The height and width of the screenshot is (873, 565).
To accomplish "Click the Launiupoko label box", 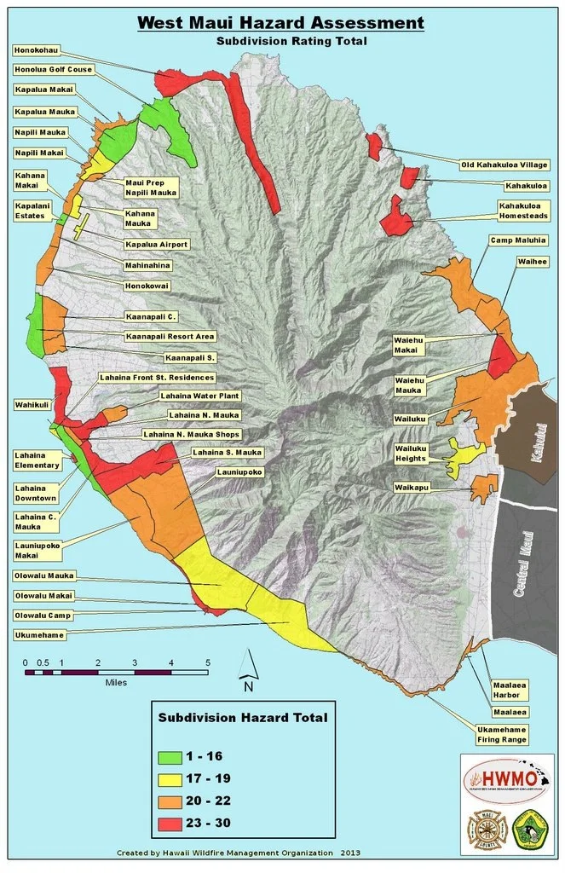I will (239, 471).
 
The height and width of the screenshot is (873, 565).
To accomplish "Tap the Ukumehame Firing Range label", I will (502, 735).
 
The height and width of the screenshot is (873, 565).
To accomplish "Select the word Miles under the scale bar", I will (116, 682).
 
